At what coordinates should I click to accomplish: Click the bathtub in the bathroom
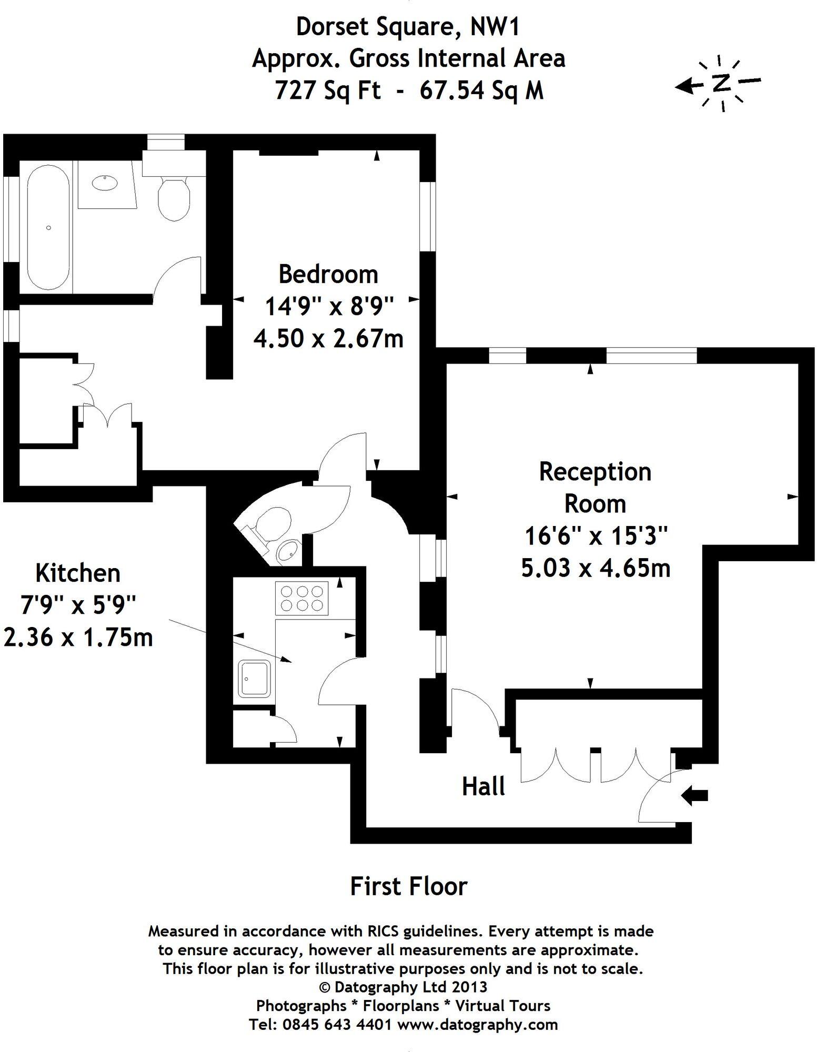47,227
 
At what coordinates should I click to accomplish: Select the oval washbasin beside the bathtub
106,183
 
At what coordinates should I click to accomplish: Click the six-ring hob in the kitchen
301,598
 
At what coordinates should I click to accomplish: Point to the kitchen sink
255,679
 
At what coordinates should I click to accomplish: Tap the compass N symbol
722,83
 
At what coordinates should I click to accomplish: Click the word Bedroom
328,274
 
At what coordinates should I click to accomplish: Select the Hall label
483,787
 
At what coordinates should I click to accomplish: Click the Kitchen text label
78,573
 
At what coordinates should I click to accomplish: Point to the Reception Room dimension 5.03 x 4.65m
596,568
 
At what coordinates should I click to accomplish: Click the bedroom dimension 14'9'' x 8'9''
329,306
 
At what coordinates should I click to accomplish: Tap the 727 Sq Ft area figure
327,90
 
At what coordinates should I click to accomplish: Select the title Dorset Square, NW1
408,27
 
